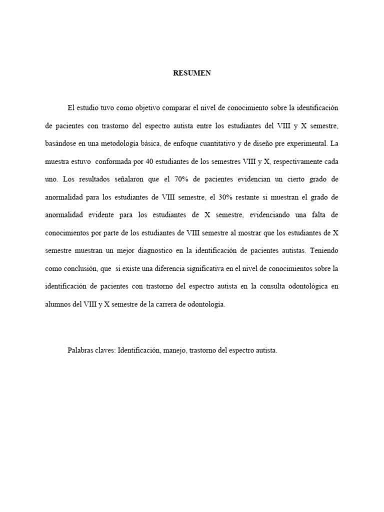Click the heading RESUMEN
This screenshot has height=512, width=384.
tap(192, 73)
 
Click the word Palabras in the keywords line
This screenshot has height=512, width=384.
tap(79, 351)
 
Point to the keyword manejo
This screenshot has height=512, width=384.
tap(175, 351)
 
